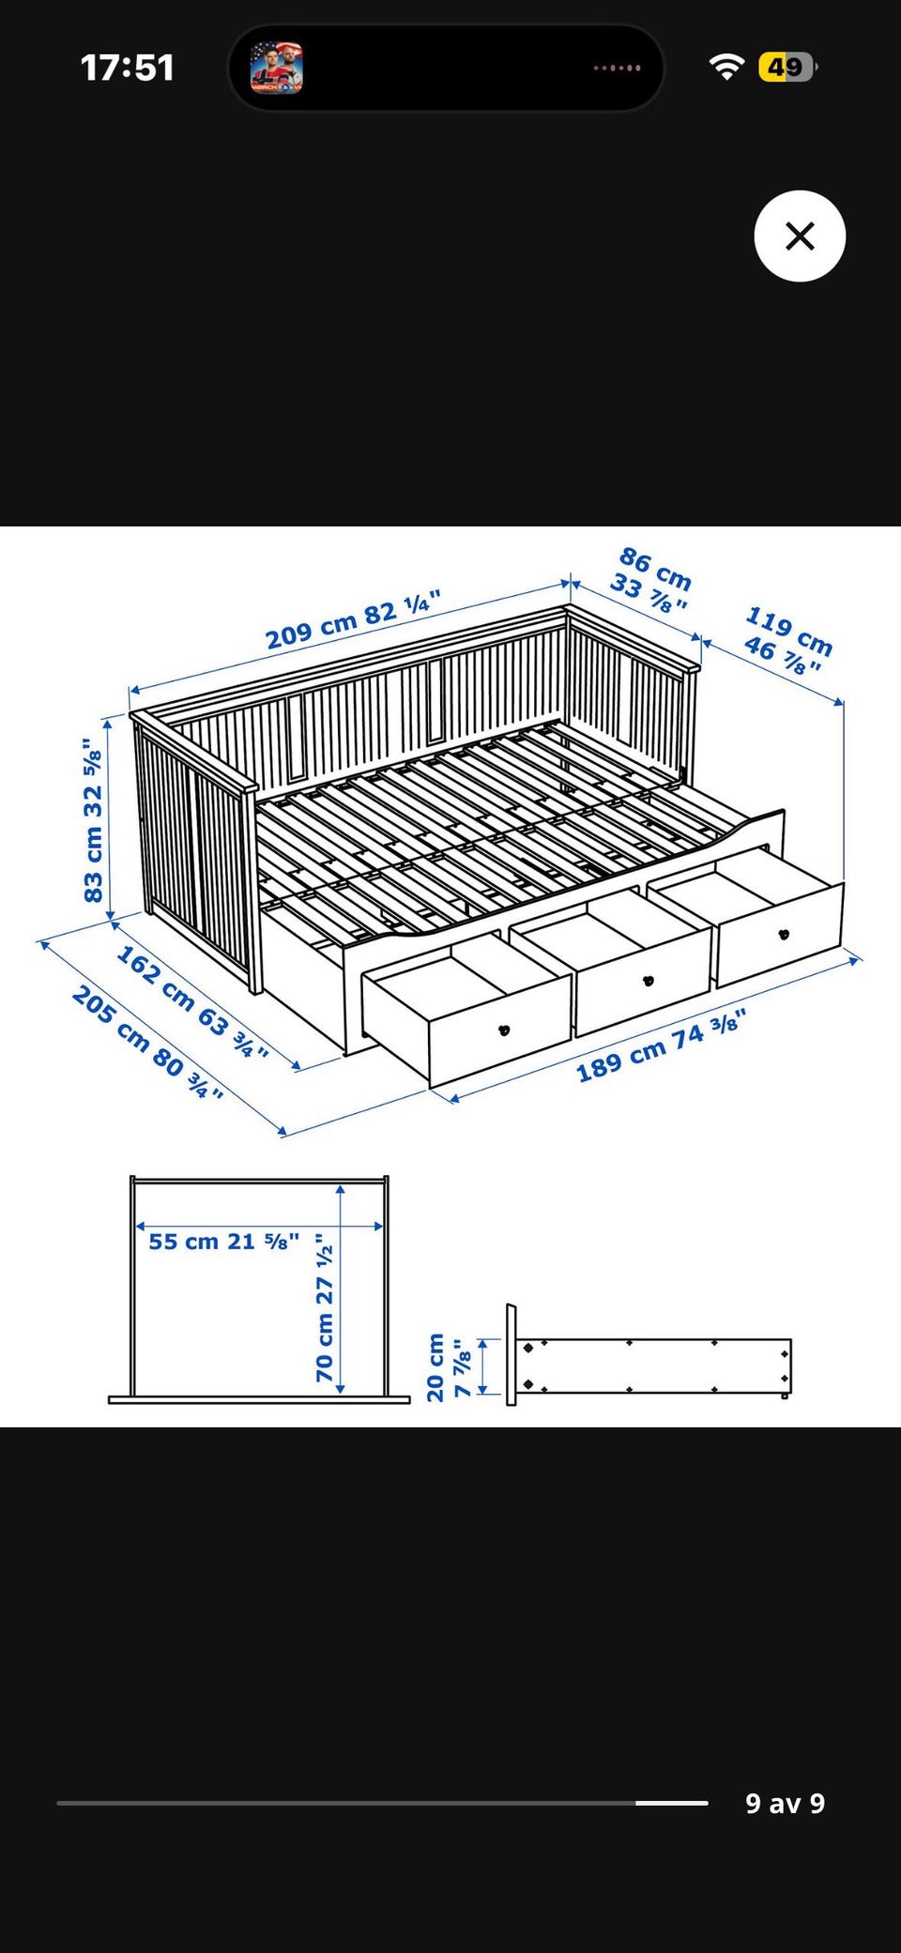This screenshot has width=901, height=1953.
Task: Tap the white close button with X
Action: tap(800, 236)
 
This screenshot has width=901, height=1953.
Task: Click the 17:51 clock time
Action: tap(128, 68)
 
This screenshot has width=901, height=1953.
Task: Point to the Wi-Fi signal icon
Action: tap(726, 67)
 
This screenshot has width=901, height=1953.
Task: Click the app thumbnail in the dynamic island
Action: tap(277, 68)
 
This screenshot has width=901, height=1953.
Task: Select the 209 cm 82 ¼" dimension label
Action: tap(353, 620)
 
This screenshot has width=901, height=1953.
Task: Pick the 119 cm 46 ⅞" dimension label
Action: tap(787, 641)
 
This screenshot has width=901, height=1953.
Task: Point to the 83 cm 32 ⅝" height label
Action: tap(92, 821)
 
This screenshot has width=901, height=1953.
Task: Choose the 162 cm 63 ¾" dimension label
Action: tap(192, 1002)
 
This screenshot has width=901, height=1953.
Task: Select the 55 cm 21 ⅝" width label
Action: tap(224, 1242)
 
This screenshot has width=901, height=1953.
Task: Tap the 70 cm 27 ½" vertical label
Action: tap(325, 1307)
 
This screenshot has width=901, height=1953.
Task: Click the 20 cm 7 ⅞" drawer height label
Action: tap(449, 1367)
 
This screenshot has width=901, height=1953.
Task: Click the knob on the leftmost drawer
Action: tap(504, 1030)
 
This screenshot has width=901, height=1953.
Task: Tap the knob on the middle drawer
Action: tap(648, 981)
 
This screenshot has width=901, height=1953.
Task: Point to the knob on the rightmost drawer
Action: tap(784, 934)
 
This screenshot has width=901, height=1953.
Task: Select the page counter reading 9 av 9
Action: tap(785, 1803)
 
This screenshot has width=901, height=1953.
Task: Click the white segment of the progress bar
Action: tap(671, 1803)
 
